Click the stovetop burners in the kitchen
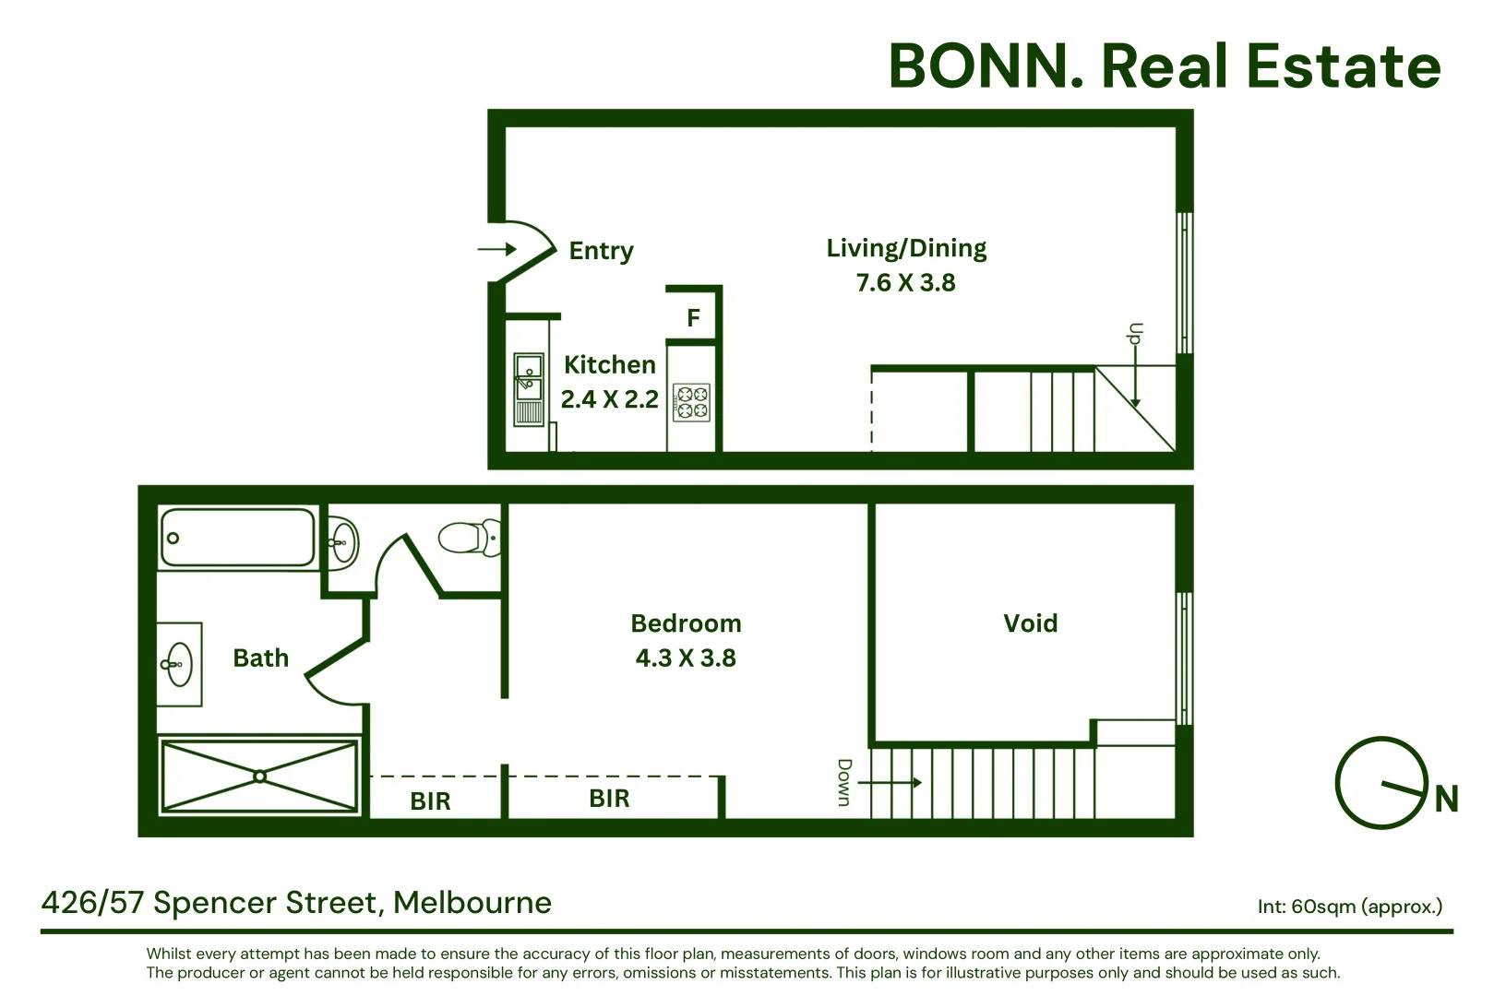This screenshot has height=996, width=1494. (x=691, y=403)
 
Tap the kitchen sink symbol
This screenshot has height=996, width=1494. (x=529, y=389)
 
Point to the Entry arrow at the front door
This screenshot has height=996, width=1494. (x=496, y=249)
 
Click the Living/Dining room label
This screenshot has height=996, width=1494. (x=906, y=248)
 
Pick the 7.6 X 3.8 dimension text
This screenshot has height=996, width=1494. (x=906, y=283)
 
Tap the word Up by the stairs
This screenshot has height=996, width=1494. (x=1134, y=333)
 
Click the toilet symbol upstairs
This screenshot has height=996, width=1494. (x=470, y=538)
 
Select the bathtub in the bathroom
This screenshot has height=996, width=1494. (x=237, y=538)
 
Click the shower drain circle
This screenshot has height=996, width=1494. (x=259, y=777)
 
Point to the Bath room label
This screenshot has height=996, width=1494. (x=261, y=658)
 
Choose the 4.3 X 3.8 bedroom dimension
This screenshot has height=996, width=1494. (x=686, y=658)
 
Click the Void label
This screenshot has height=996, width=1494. (x=1031, y=623)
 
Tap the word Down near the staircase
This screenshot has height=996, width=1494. (x=845, y=783)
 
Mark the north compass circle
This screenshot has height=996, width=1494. (x=1381, y=783)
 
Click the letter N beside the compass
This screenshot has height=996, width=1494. (x=1447, y=799)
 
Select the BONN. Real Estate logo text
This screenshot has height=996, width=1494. (x=1165, y=66)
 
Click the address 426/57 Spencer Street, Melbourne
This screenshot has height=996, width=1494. (x=297, y=903)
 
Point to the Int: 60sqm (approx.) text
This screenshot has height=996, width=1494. (x=1350, y=907)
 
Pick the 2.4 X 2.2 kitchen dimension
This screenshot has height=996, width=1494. (x=610, y=399)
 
